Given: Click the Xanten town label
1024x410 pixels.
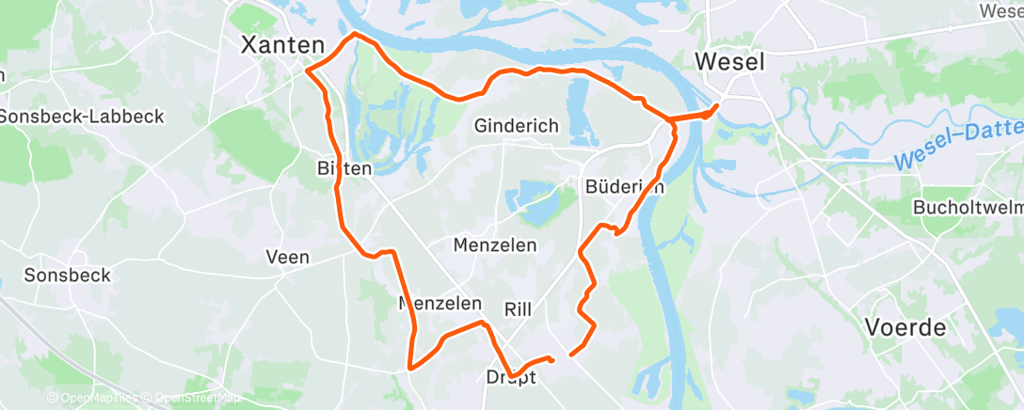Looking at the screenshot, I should [x=282, y=44].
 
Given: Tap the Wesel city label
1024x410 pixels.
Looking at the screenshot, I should [x=729, y=62].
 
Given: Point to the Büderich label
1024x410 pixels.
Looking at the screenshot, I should [x=625, y=186].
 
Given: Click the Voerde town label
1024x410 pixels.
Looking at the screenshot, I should [x=904, y=328].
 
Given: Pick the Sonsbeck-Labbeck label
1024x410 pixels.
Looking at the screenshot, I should [x=82, y=117].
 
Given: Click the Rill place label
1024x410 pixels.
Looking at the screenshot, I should [x=519, y=308].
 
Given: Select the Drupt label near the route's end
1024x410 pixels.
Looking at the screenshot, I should [x=511, y=377].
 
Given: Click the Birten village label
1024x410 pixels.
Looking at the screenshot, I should [x=344, y=169].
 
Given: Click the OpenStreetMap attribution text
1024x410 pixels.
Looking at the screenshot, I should [x=197, y=399].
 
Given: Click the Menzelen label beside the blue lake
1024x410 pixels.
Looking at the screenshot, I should [x=495, y=245].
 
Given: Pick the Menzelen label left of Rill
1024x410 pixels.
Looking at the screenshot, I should [x=440, y=304].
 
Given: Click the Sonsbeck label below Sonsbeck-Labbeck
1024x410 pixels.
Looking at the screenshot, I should [x=68, y=276].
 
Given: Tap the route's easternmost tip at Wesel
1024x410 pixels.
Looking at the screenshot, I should [x=717, y=105].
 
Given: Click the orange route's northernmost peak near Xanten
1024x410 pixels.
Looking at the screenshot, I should [x=355, y=34].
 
